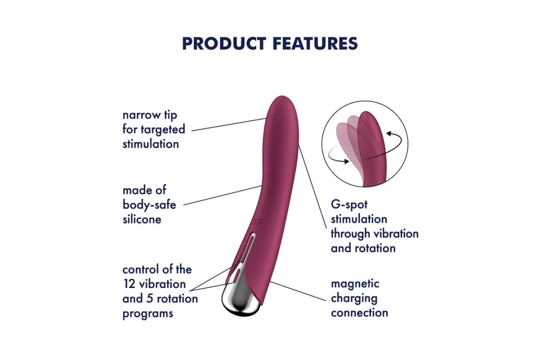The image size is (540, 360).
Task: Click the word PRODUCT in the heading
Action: tap(224, 44)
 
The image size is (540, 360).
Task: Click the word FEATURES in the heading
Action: tap(315, 44)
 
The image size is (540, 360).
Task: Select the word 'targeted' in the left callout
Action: tap(163, 130)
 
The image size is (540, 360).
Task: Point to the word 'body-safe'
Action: tap(149, 205)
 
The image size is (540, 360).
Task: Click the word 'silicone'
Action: tap(142, 220)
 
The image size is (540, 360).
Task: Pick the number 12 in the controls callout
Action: tap(129, 284)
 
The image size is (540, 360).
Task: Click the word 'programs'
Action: tap(148, 314)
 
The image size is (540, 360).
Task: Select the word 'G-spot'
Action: tap(349, 205)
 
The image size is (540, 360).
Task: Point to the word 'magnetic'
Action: tap(355, 284)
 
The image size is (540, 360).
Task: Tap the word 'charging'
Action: tap(354, 299)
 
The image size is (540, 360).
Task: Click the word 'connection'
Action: tap(360, 313)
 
